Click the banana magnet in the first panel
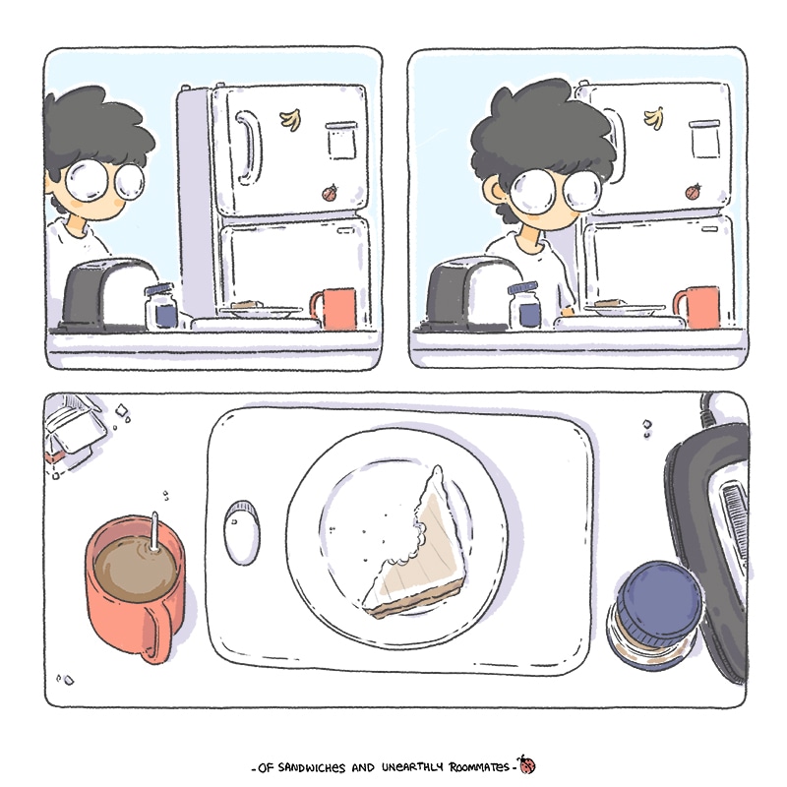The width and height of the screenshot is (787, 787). [290, 120]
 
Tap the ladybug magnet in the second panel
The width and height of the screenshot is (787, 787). [694, 192]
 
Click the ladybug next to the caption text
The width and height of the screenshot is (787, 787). [526, 764]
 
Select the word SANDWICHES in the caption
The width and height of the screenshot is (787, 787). [312, 767]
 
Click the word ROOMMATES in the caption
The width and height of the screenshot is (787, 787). [479, 767]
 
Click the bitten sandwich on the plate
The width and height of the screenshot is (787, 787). [417, 546]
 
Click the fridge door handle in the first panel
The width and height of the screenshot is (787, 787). [248, 148]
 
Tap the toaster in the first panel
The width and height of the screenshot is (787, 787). [108, 295]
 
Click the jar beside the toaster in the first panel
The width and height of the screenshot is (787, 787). [161, 307]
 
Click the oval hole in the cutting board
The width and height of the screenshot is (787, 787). [241, 532]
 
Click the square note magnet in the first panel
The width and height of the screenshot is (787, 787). [341, 140]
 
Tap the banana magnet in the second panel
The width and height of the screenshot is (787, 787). [654, 118]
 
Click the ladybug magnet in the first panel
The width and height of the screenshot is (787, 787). [330, 193]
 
